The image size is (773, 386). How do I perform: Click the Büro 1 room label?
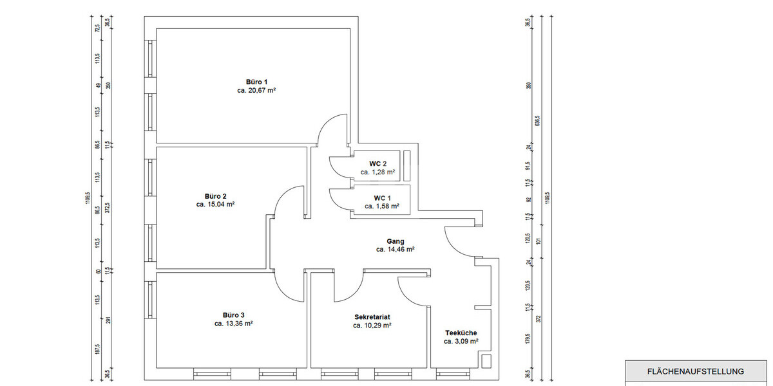point(256,82)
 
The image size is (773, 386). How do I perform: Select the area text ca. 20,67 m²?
point(256,91)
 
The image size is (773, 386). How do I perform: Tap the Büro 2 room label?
point(215,196)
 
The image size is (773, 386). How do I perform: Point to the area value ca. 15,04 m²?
point(215,205)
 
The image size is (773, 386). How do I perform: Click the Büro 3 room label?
point(233,315)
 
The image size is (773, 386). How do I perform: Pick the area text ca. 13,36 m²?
point(233,324)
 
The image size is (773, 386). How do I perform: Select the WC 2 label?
point(377,163)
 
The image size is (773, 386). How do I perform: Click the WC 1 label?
point(382,198)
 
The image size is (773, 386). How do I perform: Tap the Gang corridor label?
point(395,241)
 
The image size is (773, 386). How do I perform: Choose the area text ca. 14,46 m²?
point(395,250)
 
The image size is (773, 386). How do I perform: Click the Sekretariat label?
point(372,317)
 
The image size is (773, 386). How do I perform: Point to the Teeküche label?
point(461,333)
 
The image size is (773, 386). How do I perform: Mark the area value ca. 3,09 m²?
point(461,342)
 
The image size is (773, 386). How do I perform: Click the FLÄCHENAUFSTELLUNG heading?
point(695,371)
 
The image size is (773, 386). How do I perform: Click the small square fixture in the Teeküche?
point(486,361)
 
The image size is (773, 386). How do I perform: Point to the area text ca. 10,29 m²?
point(372,326)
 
